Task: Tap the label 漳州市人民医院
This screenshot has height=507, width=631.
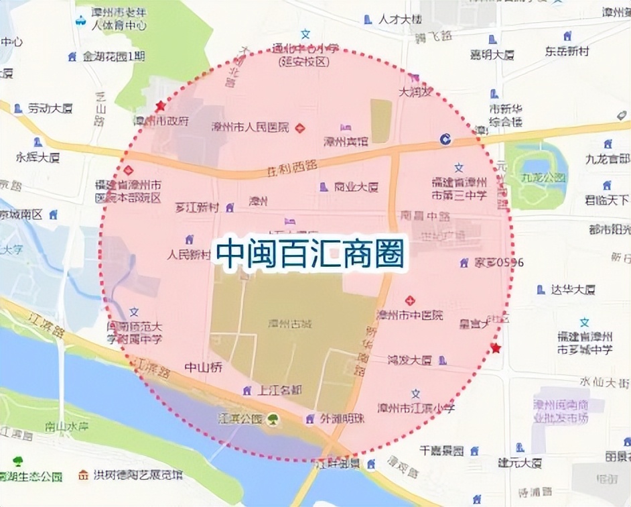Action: [250, 127]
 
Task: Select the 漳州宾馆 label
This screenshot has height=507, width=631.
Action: [345, 142]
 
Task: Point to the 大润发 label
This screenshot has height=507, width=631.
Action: [415, 92]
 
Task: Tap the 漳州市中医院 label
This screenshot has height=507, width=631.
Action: [409, 314]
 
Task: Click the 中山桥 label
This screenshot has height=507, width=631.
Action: [203, 368]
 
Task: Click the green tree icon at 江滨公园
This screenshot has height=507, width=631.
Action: [273, 420]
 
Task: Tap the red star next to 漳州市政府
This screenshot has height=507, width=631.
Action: [160, 106]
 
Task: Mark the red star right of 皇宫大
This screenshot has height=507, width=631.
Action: [496, 347]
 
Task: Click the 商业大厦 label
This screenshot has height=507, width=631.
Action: [356, 187]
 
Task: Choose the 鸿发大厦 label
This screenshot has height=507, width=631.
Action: [409, 360]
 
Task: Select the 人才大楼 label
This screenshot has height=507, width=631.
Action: [400, 19]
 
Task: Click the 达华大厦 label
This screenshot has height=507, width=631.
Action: [571, 290]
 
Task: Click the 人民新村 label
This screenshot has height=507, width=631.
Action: [189, 255]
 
